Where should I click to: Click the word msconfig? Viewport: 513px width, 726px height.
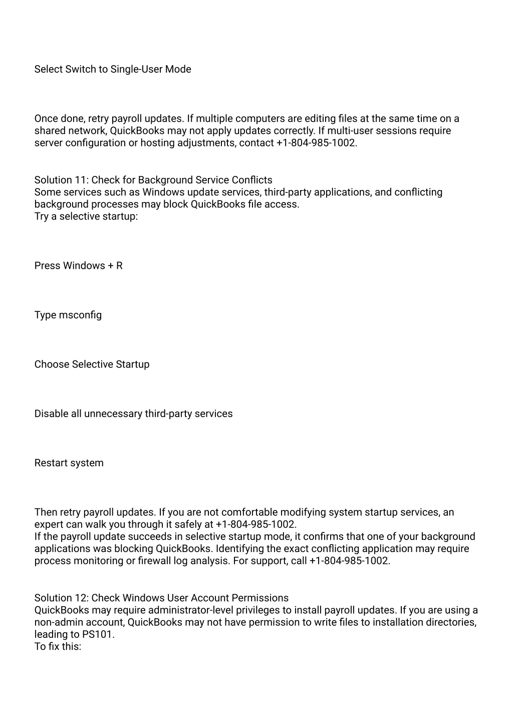click(x=80, y=315)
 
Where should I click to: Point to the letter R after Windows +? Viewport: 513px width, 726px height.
click(x=119, y=266)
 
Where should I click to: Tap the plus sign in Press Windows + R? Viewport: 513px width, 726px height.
click(x=110, y=266)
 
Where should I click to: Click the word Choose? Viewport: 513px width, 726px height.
click(x=52, y=365)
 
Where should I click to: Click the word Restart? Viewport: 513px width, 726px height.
click(x=51, y=463)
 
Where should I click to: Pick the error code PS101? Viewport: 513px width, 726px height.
click(x=98, y=634)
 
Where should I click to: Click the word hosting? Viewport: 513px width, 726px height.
click(x=157, y=143)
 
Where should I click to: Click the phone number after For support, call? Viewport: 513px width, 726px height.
click(x=349, y=561)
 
